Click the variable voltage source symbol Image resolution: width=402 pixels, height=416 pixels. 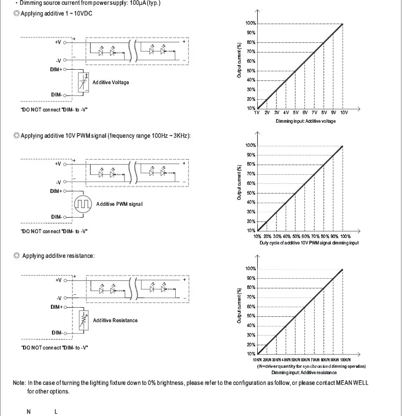coord(82,82)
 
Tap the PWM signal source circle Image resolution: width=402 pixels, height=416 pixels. coord(84,204)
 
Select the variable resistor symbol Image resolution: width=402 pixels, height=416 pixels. coord(83,320)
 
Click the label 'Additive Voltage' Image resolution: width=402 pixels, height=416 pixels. coord(110,83)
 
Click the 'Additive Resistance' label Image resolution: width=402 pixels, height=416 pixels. coord(115,321)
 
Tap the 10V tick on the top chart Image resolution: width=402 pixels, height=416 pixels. coord(344,113)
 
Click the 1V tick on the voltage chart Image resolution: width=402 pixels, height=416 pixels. coord(256,113)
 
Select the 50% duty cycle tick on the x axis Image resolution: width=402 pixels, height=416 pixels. coord(295,236)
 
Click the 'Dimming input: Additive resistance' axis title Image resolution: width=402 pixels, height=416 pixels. coord(304,372)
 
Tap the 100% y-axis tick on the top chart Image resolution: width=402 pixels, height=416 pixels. coord(250,23)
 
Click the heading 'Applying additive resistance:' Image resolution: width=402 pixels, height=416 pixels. coord(58,256)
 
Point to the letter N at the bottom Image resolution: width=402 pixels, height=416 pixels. coord(29,412)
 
